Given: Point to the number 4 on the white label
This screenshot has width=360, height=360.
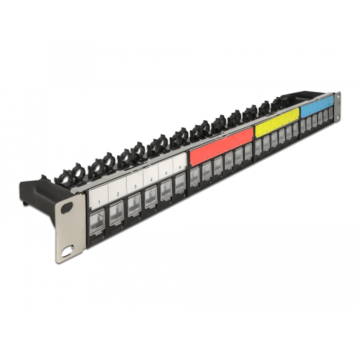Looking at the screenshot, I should tap(151, 179).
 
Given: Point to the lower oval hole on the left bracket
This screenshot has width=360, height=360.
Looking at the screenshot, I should tap(67, 253).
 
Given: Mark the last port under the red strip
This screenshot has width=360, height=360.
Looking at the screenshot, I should tap(248, 150).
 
